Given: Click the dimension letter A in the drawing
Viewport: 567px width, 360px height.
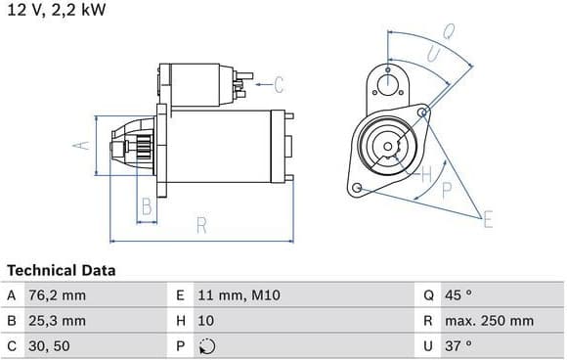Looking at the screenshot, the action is pyautogui.click(x=81, y=146).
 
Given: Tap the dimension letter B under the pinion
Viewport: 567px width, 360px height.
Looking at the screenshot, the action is pyautogui.click(x=147, y=206).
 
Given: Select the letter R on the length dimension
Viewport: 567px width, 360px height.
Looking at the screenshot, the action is pyautogui.click(x=201, y=225).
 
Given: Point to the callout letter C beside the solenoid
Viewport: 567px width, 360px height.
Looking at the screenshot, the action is pyautogui.click(x=279, y=85).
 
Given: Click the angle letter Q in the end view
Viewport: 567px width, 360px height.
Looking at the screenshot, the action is pyautogui.click(x=449, y=31).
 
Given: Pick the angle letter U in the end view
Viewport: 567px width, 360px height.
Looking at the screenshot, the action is pyautogui.click(x=434, y=54).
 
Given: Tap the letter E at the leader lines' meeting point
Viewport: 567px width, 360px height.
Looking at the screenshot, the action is pyautogui.click(x=488, y=219).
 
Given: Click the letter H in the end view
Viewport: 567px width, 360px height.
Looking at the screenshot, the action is pyautogui.click(x=427, y=175).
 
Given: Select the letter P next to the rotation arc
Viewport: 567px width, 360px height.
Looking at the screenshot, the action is pyautogui.click(x=447, y=190).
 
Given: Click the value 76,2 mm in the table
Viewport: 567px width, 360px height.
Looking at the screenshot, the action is pyautogui.click(x=57, y=295).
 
